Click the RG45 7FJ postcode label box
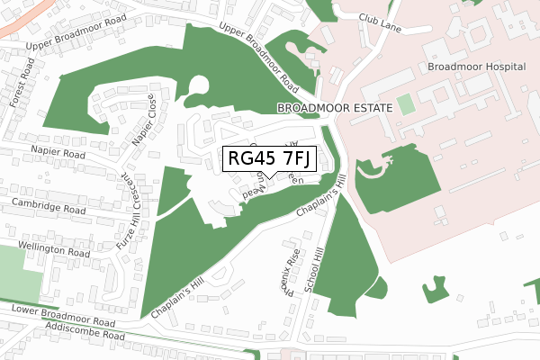[x=269, y=158]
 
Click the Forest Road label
[x=21, y=81]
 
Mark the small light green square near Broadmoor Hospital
[x=407, y=104]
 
